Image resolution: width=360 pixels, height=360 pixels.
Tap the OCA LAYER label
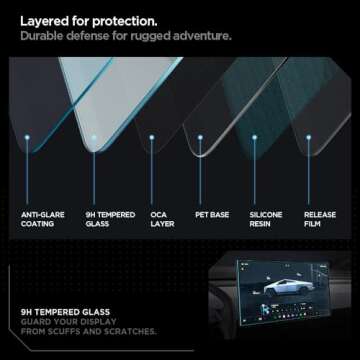pos(159,218)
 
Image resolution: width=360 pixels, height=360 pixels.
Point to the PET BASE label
pos(209,213)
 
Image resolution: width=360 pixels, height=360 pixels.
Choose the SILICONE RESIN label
pos(265,218)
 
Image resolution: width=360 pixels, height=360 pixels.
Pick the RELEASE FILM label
pos(320,218)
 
